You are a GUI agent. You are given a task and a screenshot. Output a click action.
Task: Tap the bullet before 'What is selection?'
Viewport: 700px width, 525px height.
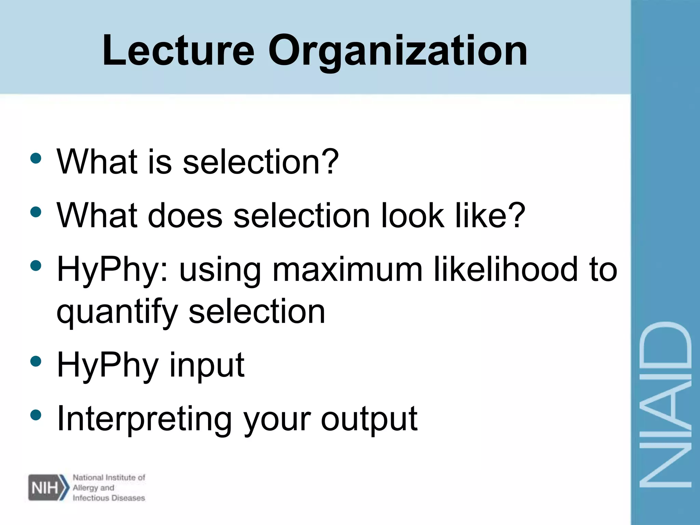(36, 158)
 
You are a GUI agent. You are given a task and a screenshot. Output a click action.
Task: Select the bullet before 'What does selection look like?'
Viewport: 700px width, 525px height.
(36, 212)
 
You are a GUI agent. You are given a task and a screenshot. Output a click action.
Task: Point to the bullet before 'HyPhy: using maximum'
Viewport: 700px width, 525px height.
(36, 266)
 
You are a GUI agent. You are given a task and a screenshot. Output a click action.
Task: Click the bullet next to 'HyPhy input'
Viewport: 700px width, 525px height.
(36, 361)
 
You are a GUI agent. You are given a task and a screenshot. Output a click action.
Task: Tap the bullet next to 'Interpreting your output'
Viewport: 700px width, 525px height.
(36, 415)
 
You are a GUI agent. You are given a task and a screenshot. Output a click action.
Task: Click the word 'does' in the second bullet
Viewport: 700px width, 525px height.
(185, 216)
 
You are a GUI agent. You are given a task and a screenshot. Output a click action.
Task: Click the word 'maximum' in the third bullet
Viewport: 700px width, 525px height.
(347, 270)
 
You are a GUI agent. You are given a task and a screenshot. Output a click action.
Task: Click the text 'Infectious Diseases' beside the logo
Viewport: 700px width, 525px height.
(109, 498)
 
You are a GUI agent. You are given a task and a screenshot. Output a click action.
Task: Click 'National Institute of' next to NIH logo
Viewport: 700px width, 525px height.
(109, 477)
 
